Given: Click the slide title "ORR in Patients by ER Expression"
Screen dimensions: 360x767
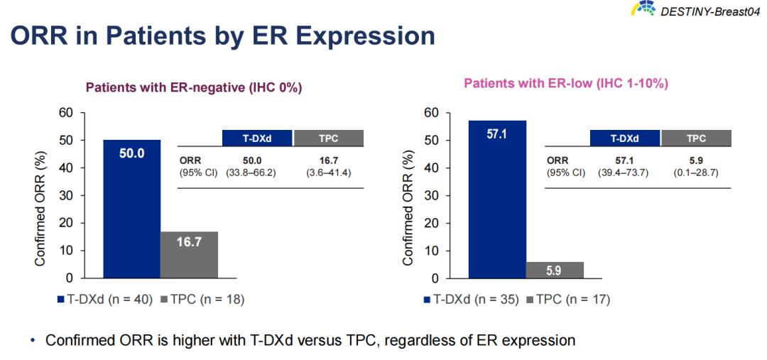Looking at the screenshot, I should (x=222, y=36).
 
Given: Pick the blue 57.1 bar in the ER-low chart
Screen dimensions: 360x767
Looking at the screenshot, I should (x=496, y=199).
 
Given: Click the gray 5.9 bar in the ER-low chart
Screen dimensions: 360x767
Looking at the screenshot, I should (x=555, y=270).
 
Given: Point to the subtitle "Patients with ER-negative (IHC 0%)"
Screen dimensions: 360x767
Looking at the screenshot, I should (x=194, y=88).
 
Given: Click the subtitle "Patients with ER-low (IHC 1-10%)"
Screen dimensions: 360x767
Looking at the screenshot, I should (x=565, y=84).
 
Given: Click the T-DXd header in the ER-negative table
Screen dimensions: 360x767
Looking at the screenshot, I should (x=257, y=138).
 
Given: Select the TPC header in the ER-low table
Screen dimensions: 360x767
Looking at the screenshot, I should (x=696, y=138).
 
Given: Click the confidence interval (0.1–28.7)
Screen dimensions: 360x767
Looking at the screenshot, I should (x=696, y=173).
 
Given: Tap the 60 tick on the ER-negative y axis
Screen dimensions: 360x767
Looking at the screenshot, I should (x=65, y=113).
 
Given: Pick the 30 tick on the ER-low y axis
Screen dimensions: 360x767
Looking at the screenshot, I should (x=432, y=195).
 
